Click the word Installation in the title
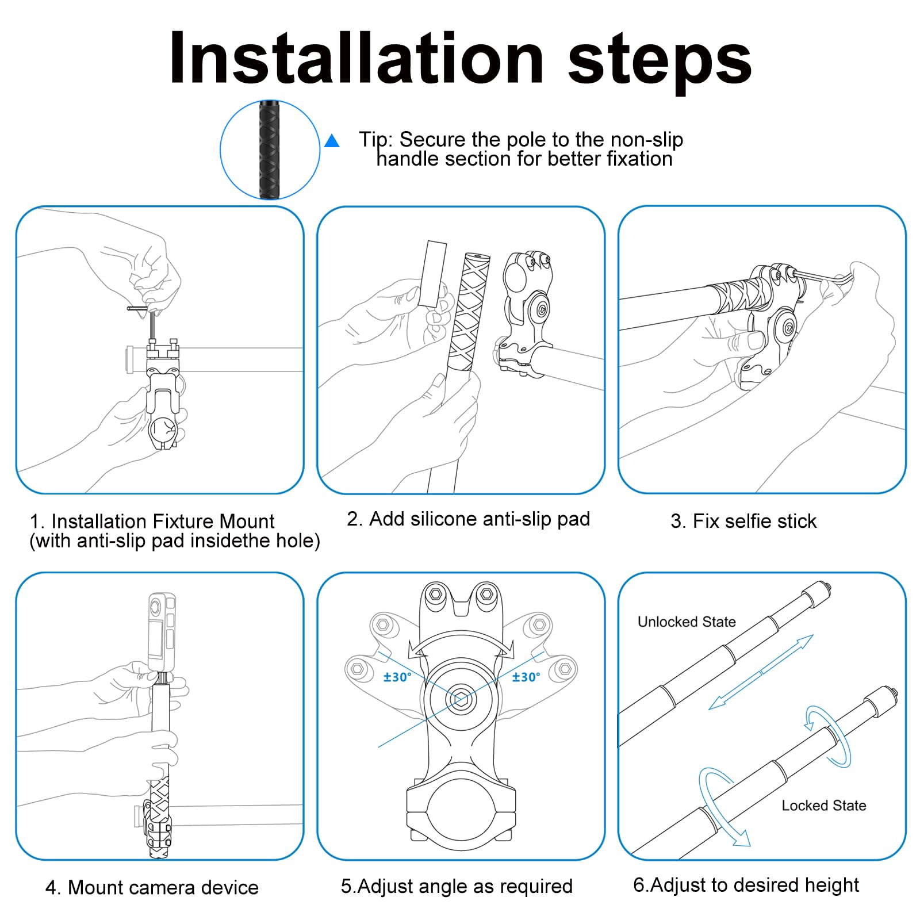(356, 58)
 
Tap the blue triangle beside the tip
(332, 141)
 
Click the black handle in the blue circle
(269, 149)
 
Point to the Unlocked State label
(687, 622)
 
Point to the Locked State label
(823, 806)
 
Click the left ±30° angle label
(397, 677)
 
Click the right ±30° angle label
(526, 677)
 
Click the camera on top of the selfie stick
(161, 631)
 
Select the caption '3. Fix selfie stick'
(743, 521)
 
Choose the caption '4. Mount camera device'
(152, 887)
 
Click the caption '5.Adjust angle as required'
(457, 886)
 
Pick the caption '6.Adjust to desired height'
(746, 885)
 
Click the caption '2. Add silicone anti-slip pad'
(468, 519)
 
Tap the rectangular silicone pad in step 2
(432, 274)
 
